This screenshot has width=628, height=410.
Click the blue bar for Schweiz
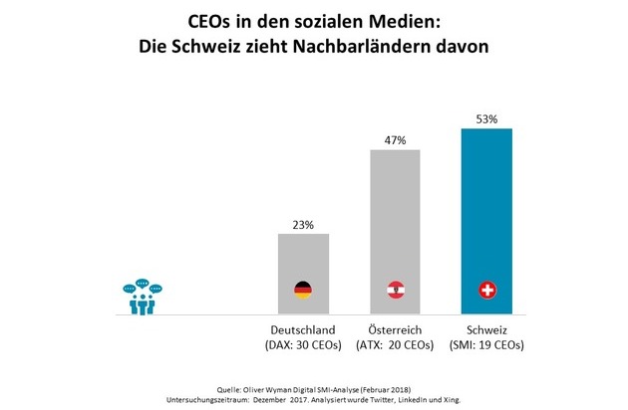click(x=486, y=219)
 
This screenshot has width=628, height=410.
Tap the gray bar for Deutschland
click(x=303, y=269)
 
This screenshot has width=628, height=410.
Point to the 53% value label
click(x=486, y=118)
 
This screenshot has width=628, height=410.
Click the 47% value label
click(x=395, y=139)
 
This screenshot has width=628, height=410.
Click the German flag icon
click(x=303, y=291)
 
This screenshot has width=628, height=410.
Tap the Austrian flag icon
click(x=395, y=291)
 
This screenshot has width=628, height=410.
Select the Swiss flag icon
click(x=486, y=291)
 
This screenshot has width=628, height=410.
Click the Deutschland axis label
click(x=303, y=329)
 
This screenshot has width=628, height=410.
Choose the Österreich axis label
click(x=395, y=329)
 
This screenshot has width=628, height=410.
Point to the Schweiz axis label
click(x=486, y=329)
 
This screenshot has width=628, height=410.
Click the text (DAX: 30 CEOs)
click(x=303, y=345)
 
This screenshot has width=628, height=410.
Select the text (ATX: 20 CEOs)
click(x=395, y=345)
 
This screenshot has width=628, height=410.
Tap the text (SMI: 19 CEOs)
click(x=486, y=345)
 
